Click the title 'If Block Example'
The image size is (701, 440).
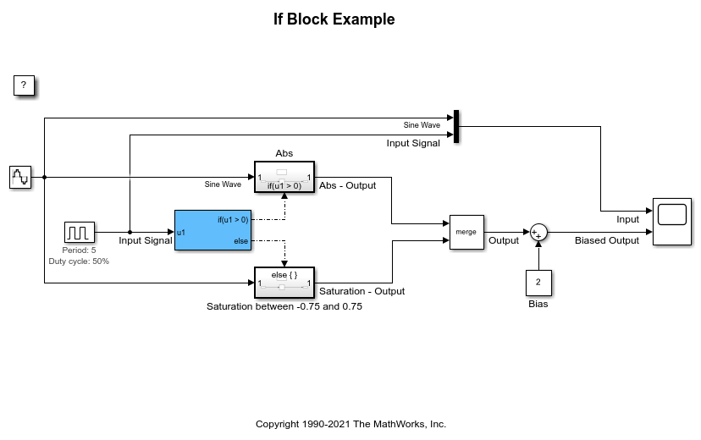click(x=334, y=19)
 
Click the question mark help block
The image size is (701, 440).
click(x=24, y=85)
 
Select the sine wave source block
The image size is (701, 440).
click(x=20, y=177)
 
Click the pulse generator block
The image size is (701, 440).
click(x=80, y=231)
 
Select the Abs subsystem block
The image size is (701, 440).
click(x=284, y=178)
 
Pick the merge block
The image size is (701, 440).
click(x=466, y=231)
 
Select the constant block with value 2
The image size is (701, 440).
click(x=538, y=283)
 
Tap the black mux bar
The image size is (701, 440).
click(x=456, y=126)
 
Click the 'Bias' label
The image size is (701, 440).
click(x=538, y=304)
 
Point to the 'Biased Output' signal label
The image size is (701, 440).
click(x=607, y=240)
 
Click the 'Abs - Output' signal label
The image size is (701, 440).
click(x=348, y=186)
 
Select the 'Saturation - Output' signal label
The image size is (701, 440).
click(x=362, y=291)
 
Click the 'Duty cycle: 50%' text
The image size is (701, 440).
click(x=79, y=261)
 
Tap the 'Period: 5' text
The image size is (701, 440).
click(x=79, y=250)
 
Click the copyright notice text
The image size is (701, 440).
click(x=350, y=424)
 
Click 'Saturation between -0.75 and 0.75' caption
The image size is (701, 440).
click(x=284, y=306)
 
